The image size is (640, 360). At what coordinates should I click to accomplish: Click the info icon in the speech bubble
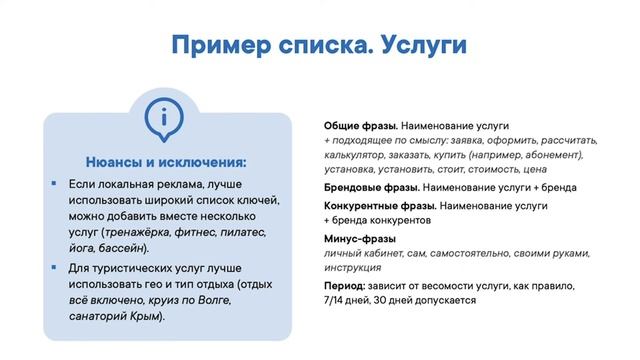pos(159,117)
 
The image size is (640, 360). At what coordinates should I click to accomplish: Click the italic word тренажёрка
pos(139,232)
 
